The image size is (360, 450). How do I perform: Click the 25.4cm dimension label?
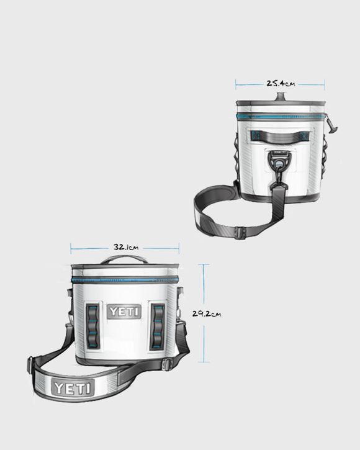tap(281, 84)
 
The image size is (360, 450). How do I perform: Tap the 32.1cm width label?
tap(126, 247)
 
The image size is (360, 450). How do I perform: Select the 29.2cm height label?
tap(207, 313)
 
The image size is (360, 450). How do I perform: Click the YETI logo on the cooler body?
tap(124, 312)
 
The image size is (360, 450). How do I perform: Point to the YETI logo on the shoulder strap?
tap(73, 388)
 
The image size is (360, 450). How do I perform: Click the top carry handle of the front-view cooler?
tap(124, 259)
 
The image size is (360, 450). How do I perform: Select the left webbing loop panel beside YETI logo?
tap(92, 326)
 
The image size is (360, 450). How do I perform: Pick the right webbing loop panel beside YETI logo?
tap(158, 326)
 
